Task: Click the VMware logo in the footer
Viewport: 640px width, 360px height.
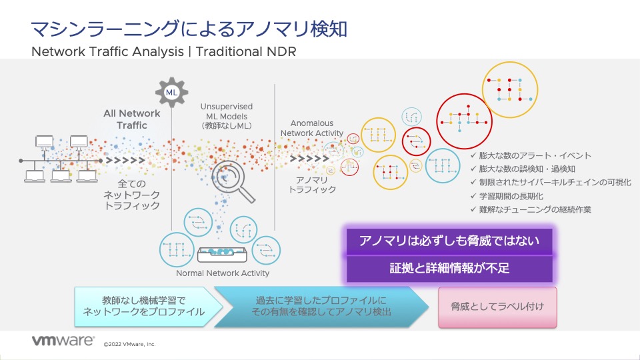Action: click(x=63, y=341)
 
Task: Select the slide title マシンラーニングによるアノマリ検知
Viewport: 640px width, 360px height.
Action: click(x=189, y=29)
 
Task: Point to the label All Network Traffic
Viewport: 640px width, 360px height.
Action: click(x=131, y=119)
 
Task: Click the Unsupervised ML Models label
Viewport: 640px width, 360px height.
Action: click(x=227, y=115)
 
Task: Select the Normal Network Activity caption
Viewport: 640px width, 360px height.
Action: click(x=223, y=273)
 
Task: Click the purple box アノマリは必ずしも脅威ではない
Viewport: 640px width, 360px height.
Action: click(x=448, y=241)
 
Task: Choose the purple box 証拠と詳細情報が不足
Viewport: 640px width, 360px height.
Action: click(x=448, y=268)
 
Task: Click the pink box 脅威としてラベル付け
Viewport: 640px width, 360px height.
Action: click(x=497, y=307)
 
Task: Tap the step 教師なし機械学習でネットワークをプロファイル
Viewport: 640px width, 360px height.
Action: click(x=143, y=307)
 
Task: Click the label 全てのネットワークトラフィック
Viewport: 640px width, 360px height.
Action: click(x=131, y=194)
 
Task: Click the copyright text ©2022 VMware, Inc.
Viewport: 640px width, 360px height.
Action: click(x=129, y=345)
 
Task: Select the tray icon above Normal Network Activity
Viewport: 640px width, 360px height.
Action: click(x=223, y=255)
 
